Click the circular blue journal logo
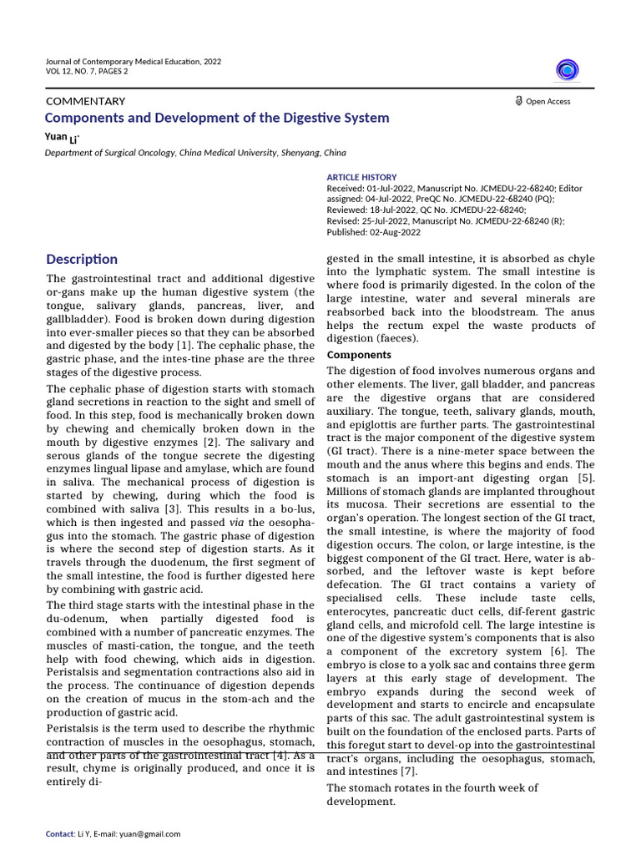(x=568, y=71)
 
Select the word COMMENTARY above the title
(x=84, y=101)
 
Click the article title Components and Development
(x=216, y=119)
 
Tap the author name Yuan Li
(x=63, y=137)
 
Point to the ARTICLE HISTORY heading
(x=361, y=177)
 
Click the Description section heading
(x=82, y=259)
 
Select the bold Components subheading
(x=360, y=355)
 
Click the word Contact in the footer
(x=59, y=833)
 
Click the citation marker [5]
(x=585, y=478)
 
